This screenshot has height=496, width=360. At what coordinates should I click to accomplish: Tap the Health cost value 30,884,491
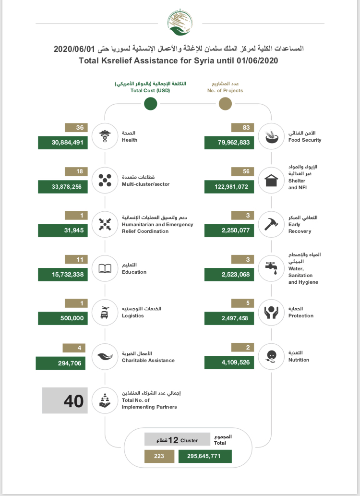(x=63, y=143)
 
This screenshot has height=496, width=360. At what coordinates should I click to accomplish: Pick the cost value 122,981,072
(x=229, y=187)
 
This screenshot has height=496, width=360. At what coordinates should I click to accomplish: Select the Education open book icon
(x=105, y=268)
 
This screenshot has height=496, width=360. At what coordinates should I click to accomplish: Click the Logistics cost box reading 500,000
(x=63, y=318)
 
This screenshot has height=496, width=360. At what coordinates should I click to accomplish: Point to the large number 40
(x=73, y=401)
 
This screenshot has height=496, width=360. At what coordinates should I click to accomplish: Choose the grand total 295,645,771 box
(x=205, y=456)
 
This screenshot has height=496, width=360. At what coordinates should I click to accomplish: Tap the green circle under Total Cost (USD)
(x=150, y=103)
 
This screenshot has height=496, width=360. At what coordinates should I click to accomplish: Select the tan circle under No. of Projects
(x=225, y=103)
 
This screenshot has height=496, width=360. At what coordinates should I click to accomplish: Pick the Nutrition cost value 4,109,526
(x=229, y=363)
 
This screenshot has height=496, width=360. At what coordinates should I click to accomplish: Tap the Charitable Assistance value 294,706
(x=61, y=363)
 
